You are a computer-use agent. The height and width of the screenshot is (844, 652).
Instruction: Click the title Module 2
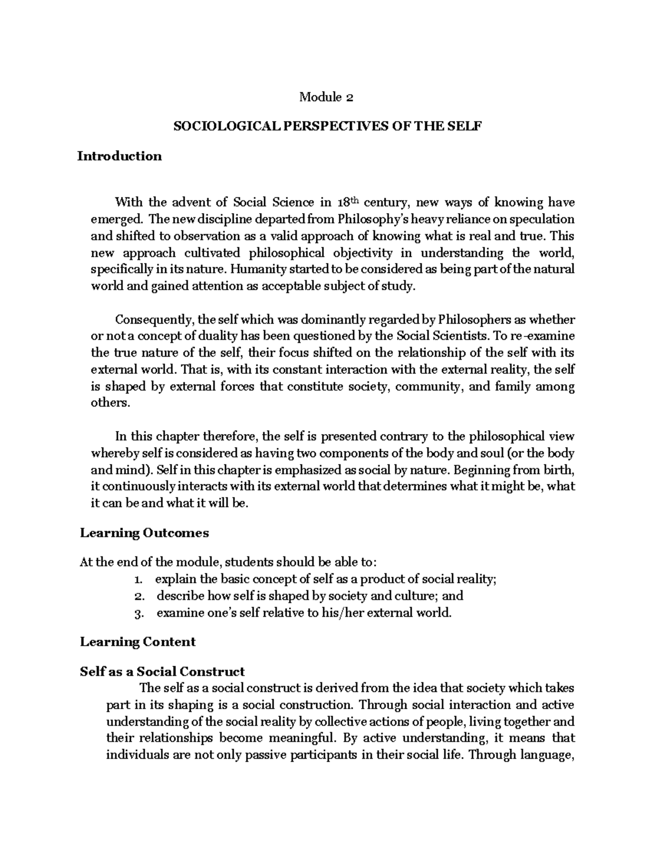pos(326,98)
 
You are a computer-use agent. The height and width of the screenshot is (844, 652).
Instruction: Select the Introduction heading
pos(120,157)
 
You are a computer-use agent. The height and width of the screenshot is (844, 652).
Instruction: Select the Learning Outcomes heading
pos(144,533)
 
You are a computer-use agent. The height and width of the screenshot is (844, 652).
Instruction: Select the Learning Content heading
pos(137,642)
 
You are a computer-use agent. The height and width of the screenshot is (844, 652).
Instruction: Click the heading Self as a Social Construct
pos(162,671)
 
